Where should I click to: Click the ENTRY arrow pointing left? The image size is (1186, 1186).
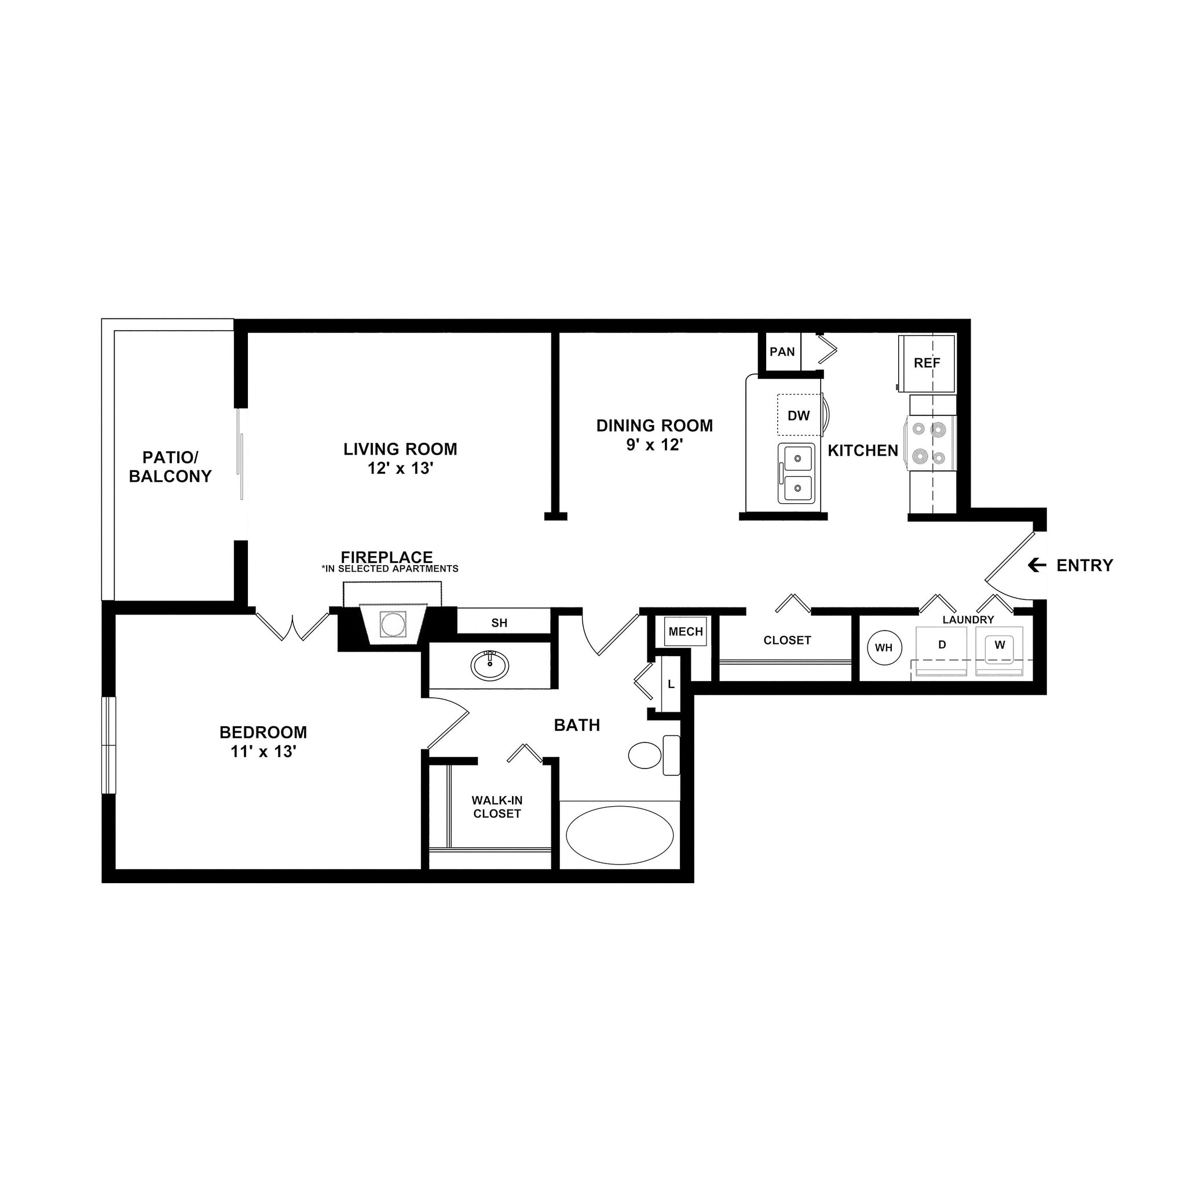coord(1037,565)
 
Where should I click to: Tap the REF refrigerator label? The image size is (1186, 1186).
coord(927,364)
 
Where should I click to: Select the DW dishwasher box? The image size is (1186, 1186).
coord(799,416)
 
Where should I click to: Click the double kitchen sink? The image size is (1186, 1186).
coord(797,473)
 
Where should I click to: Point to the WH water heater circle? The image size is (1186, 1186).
coord(883,647)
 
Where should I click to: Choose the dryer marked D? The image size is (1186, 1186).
coord(942,651)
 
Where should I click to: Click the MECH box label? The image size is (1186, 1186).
coord(686,632)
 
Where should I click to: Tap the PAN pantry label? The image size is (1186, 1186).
coord(781,352)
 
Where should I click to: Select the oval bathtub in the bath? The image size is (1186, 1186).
coord(620,835)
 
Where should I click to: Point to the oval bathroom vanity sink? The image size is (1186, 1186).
coord(489,665)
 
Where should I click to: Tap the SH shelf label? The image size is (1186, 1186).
coord(499,623)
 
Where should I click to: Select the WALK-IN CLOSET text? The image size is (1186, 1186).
coord(497,807)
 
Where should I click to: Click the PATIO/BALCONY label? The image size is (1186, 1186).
coord(170,467)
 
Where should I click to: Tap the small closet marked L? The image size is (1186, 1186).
coord(671,684)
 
